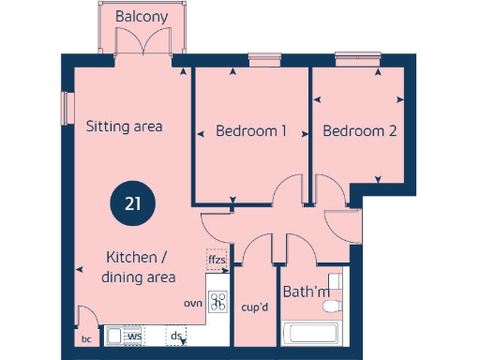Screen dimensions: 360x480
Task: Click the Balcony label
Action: [142, 17]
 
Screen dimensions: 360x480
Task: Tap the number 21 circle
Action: [132, 203]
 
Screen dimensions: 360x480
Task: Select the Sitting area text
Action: [125, 127]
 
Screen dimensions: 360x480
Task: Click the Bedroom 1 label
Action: [250, 131]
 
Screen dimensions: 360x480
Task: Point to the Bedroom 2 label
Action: [359, 131]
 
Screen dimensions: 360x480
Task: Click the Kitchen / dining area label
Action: [140, 266]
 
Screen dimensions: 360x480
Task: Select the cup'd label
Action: [256, 307]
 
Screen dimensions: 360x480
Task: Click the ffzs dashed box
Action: [217, 259]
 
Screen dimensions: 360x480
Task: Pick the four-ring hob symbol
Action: [218, 302]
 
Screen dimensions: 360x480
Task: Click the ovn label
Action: [193, 303]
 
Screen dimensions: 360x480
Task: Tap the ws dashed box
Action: [135, 335]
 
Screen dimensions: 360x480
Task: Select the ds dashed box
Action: [176, 335]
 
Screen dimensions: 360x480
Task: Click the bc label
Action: [86, 339]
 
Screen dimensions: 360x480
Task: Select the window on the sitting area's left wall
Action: [66, 107]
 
